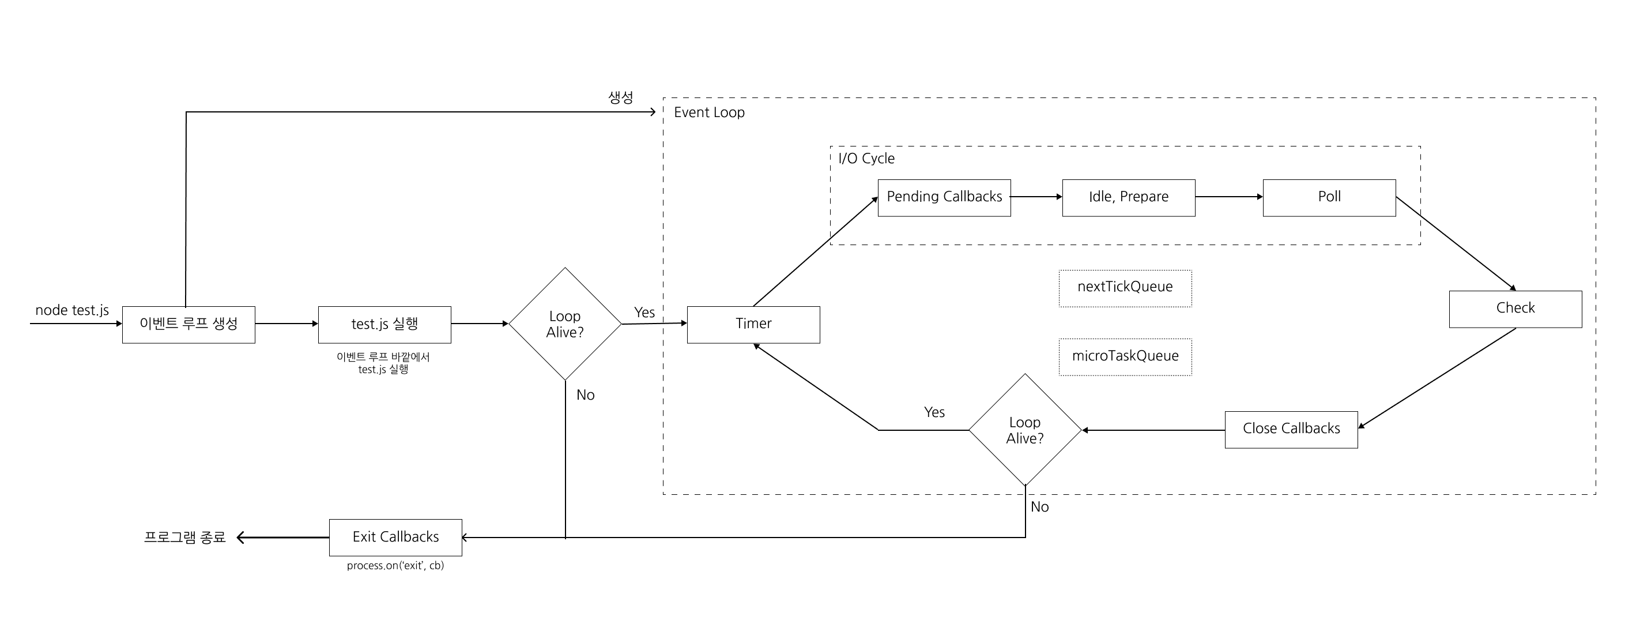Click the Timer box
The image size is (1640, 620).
[753, 324]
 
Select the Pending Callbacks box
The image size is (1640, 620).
[944, 197]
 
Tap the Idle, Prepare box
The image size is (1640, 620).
[1128, 197]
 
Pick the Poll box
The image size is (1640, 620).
[1329, 197]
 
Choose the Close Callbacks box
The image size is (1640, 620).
[1291, 430]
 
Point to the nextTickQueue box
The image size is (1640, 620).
[1125, 288]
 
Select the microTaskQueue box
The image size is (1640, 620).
[1125, 357]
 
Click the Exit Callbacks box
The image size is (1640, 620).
[395, 537]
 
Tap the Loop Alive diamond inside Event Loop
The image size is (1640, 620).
[1024, 430]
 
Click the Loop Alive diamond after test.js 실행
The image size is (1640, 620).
[565, 324]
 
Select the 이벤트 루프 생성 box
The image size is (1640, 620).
[188, 324]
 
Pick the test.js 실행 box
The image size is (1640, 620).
[384, 324]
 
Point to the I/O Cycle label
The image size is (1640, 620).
[866, 159]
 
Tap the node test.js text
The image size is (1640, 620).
[72, 310]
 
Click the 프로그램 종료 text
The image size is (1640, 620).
[184, 537]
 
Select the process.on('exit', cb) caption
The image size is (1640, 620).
[395, 566]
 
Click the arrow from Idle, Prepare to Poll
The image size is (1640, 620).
[1229, 197]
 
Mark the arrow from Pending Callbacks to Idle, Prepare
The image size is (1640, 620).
[1036, 197]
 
